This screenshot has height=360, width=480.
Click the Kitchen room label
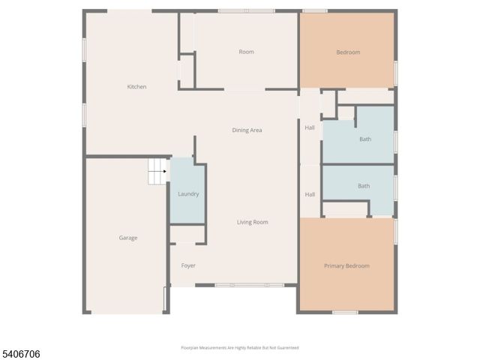(136, 87)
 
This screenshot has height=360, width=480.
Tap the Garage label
(128, 238)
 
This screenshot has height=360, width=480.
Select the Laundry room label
(187, 194)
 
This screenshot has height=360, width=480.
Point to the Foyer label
(188, 265)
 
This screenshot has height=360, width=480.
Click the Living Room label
(252, 222)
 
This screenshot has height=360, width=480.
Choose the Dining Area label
(247, 130)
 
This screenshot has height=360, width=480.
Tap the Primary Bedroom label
(346, 265)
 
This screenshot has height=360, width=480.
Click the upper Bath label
(364, 139)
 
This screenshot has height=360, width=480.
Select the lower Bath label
(363, 186)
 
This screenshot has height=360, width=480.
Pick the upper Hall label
(310, 127)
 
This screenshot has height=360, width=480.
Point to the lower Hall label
(310, 194)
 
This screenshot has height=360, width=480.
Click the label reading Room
(246, 52)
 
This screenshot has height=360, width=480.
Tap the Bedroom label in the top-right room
(348, 52)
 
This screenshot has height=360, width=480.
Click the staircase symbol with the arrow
(157, 171)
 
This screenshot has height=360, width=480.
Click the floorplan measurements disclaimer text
(240, 347)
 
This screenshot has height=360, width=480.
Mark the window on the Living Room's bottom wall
(249, 285)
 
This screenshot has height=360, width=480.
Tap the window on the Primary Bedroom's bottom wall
(345, 312)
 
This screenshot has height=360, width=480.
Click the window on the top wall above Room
(246, 10)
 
